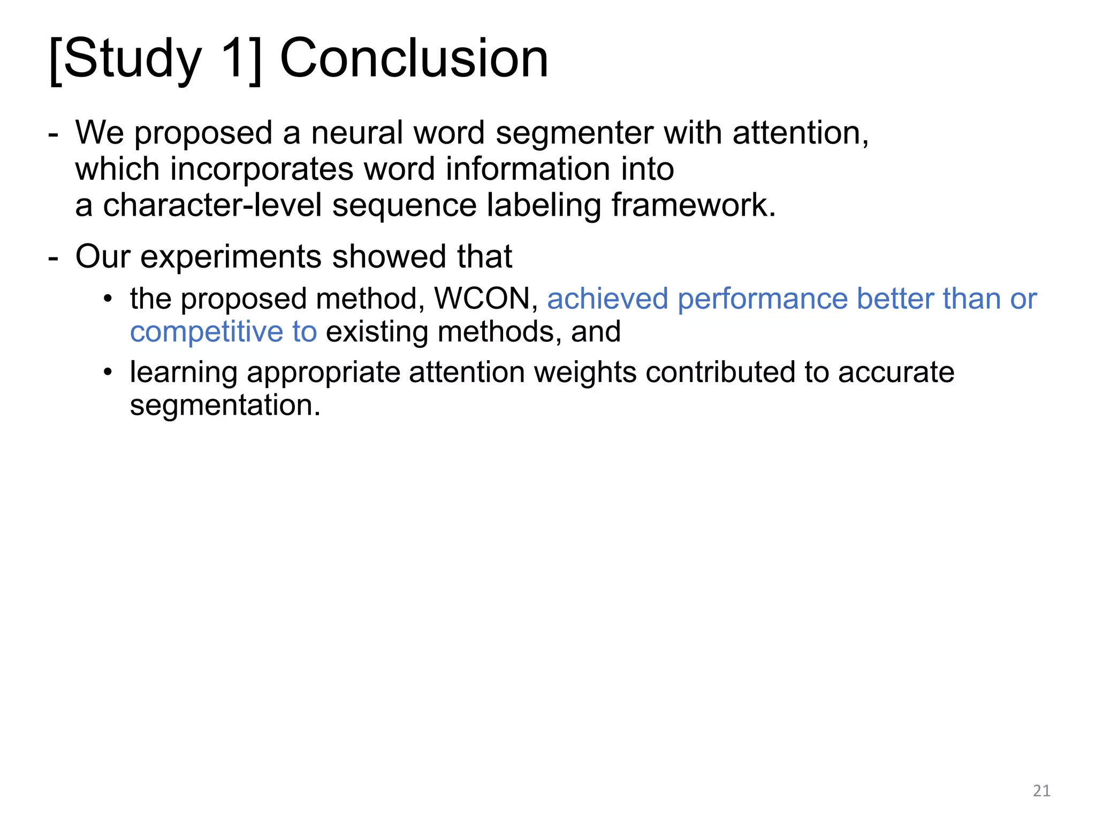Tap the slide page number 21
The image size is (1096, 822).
pos(1041,790)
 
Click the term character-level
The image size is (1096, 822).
pos(212,205)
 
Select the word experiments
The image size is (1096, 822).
pos(231,257)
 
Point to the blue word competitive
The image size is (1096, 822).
pos(206,332)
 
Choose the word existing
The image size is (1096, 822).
pos(377,332)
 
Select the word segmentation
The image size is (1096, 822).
pos(225,406)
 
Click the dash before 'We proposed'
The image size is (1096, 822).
pos(53,134)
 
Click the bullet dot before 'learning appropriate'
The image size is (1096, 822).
pos(109,372)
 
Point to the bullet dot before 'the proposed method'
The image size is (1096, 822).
pos(109,299)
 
